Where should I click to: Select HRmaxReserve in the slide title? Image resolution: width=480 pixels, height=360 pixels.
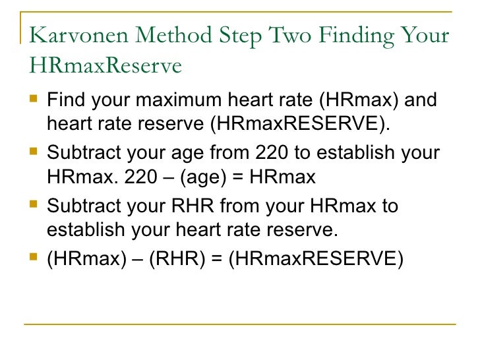tap(105, 67)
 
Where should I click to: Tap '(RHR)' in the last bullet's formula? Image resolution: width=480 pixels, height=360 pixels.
tap(177, 258)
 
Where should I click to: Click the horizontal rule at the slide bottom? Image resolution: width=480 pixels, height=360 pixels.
tap(239, 324)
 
